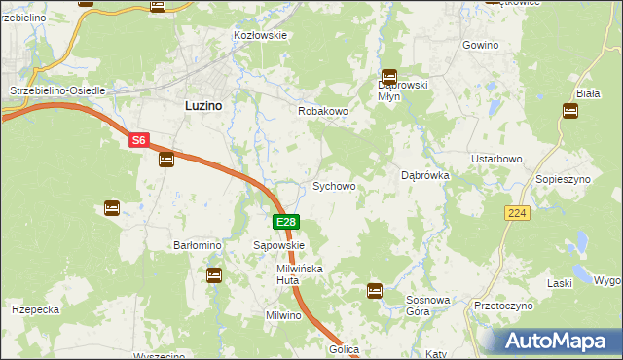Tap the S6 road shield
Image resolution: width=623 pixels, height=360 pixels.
click(x=139, y=140)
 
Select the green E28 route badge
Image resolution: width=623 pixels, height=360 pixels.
click(x=285, y=222)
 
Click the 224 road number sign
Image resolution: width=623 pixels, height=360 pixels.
click(x=517, y=212)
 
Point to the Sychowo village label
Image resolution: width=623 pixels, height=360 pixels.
click(x=333, y=186)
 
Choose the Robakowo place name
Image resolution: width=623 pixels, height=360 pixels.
click(x=322, y=112)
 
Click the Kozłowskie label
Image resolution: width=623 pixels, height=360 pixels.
click(x=260, y=35)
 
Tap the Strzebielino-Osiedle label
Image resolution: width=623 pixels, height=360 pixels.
click(x=56, y=90)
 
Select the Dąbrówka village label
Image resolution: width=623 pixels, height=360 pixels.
click(x=425, y=176)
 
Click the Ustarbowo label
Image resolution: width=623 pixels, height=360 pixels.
click(x=497, y=159)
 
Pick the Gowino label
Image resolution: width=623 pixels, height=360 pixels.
click(x=481, y=46)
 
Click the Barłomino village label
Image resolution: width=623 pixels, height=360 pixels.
click(x=198, y=246)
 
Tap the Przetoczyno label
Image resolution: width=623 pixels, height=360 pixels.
click(x=503, y=306)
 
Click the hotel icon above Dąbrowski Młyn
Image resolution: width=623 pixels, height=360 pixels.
click(x=389, y=75)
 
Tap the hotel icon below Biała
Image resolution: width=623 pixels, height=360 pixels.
click(x=570, y=110)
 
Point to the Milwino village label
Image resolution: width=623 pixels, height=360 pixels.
click(x=286, y=315)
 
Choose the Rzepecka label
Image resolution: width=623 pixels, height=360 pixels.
click(x=36, y=309)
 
